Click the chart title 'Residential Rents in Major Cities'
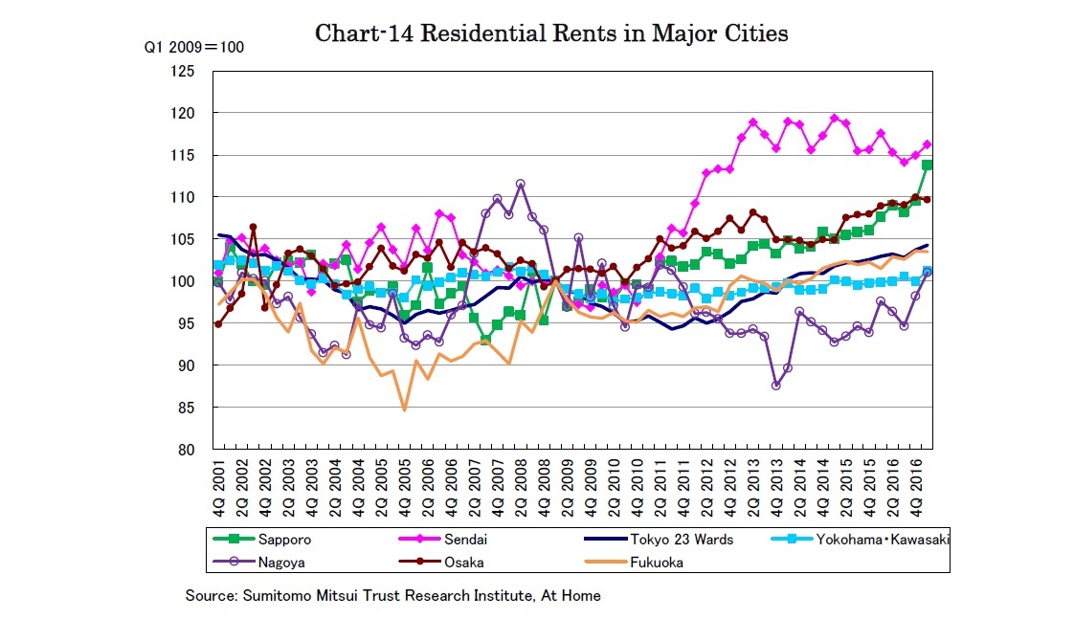click(551, 33)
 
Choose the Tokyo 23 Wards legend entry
click(681, 540)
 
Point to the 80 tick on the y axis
click(187, 450)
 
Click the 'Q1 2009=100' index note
click(194, 47)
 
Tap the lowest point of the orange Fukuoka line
click(404, 409)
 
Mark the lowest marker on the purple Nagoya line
click(775, 386)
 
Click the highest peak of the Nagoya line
click(520, 184)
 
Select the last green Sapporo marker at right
click(927, 165)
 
